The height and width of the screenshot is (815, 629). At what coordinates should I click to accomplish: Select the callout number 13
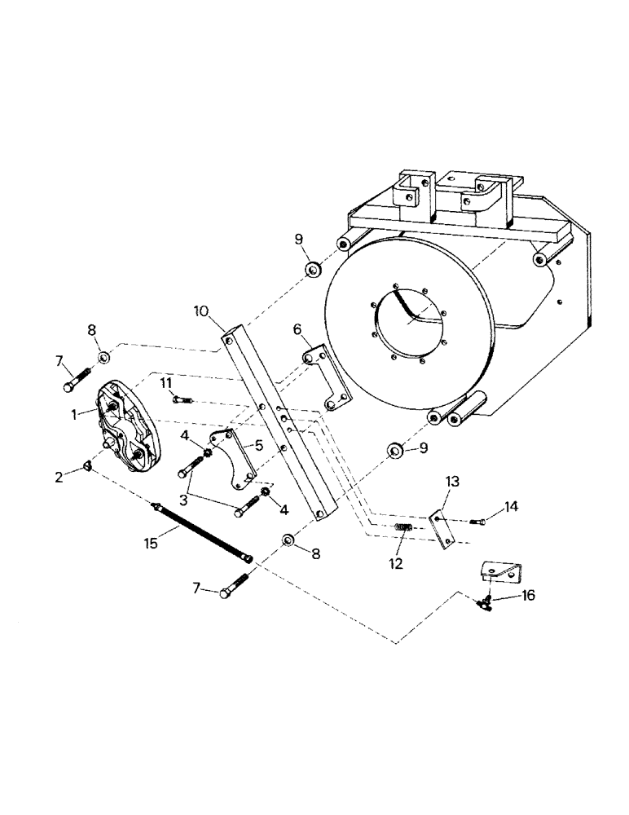(x=451, y=484)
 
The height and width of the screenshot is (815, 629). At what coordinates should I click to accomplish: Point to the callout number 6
(x=297, y=328)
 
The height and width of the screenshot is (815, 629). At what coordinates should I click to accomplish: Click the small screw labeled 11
(x=182, y=399)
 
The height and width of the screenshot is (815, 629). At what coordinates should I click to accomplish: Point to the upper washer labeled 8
(x=104, y=357)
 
